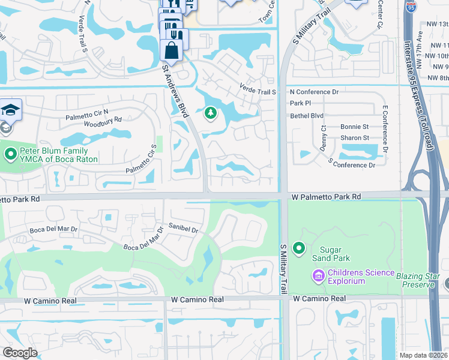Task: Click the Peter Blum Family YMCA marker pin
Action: click(10, 154)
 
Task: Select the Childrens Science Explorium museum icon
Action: click(318, 275)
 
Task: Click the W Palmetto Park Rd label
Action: click(327, 197)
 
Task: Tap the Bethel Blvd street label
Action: click(306, 115)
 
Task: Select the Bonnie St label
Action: click(354, 127)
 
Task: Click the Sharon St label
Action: click(354, 138)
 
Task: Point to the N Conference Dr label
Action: click(314, 92)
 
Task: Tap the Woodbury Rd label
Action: click(102, 119)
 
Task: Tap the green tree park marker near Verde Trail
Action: click(210, 112)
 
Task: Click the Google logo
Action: click(20, 353)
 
